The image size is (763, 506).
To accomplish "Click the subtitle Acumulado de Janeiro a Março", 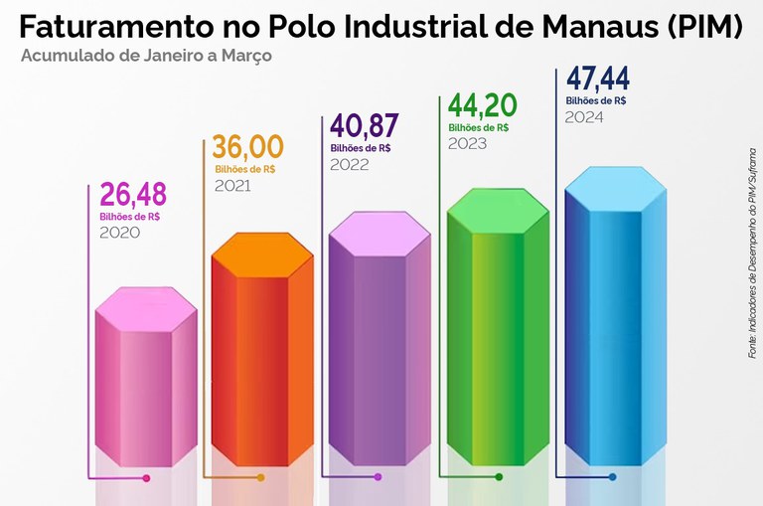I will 145,55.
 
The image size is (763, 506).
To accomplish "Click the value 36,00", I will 248,148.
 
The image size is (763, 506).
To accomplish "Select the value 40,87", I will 364,128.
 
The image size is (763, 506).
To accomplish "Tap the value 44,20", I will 482,106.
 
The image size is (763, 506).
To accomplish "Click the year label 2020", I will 119,233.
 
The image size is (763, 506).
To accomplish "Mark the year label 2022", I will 350,165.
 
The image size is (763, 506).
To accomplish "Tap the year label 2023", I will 467,143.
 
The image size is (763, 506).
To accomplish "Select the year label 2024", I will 584,117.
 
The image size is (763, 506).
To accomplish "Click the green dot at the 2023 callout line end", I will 499,478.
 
